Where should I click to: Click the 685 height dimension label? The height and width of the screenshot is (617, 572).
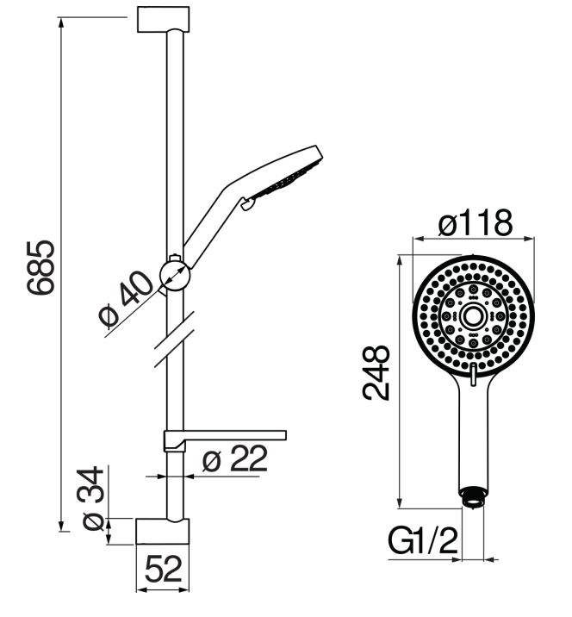40,267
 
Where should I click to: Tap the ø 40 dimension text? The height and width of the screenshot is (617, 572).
126,299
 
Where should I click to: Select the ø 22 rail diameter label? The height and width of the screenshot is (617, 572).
235,458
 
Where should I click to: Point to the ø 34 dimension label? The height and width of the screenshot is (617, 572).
93,499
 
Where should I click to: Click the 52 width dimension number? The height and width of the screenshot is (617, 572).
164,569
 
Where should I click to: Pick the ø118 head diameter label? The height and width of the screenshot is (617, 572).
476,222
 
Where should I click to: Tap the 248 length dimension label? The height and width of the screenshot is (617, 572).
376,372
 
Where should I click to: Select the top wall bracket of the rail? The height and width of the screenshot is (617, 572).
164,19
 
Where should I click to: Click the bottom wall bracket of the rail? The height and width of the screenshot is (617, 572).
163,532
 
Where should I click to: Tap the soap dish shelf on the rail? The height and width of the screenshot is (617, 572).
225,440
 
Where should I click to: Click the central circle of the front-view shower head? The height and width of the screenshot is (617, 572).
473,316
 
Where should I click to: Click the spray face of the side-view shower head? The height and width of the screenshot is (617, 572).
288,180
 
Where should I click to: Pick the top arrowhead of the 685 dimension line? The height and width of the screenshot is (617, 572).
61,22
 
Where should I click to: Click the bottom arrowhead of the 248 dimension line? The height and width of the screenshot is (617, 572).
400,503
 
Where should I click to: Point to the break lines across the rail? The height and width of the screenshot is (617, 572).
174,340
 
